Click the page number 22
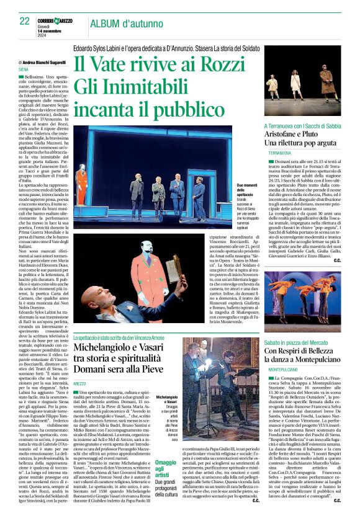25,20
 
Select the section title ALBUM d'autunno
124,24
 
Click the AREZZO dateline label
79,385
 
